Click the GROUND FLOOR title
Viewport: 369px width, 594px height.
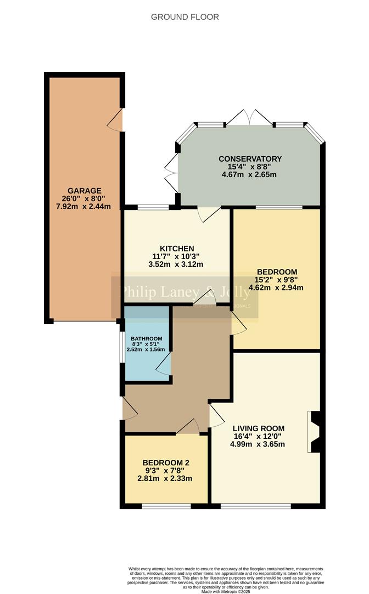tap(185, 17)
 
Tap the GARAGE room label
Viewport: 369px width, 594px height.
tap(85, 191)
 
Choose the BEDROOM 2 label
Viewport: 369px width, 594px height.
tap(165, 463)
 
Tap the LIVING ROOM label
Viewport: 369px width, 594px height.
tap(258, 428)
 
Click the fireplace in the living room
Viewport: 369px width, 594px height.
tap(314, 432)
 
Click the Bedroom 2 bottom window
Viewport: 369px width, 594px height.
tap(166, 505)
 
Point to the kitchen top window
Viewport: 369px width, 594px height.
tap(153, 207)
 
